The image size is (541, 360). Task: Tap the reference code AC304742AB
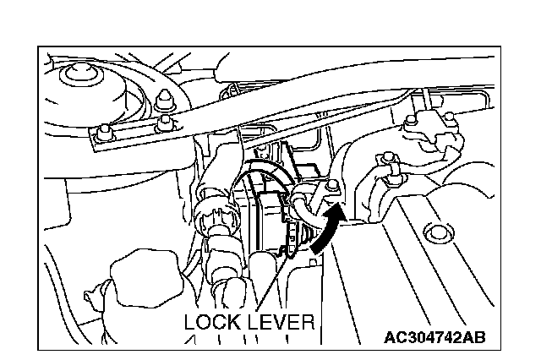coord(434,338)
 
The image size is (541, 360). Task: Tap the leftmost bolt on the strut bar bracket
coord(102,132)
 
